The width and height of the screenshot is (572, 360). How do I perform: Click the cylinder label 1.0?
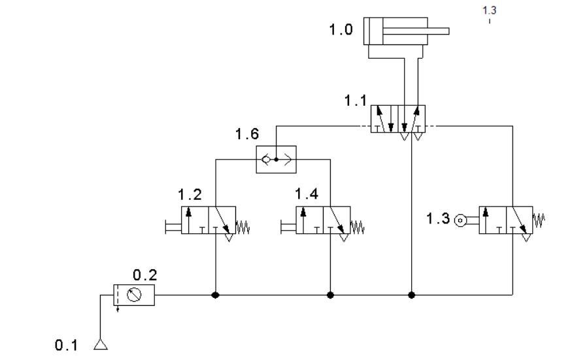point(341,29)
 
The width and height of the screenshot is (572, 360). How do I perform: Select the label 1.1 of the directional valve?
point(356,101)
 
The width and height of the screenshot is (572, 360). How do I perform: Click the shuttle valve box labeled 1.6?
point(276,159)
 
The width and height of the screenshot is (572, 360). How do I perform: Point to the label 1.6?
point(247,134)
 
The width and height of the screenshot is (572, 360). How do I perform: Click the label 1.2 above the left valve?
point(190,195)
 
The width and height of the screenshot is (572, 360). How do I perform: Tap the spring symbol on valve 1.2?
point(243,227)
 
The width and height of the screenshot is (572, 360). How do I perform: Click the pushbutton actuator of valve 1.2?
point(173,227)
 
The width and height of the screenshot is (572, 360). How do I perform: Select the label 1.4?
point(307,193)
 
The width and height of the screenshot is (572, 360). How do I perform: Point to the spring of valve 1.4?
point(358,227)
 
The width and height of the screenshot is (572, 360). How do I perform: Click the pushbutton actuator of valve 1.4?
point(288,227)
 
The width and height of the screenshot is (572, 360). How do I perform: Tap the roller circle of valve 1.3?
point(460,220)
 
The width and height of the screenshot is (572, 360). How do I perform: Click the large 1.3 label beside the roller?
point(438,218)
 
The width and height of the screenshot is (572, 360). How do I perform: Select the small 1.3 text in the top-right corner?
point(490,10)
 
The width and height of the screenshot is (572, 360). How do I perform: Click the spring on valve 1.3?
point(539,220)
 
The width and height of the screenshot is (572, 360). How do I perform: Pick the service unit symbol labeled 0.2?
point(134,295)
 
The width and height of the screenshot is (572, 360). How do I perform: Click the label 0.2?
point(145,275)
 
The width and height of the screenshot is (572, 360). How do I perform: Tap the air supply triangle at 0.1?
point(101,344)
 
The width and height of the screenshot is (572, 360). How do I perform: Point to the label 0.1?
point(67,345)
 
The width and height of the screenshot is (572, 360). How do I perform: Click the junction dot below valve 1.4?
point(331,295)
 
